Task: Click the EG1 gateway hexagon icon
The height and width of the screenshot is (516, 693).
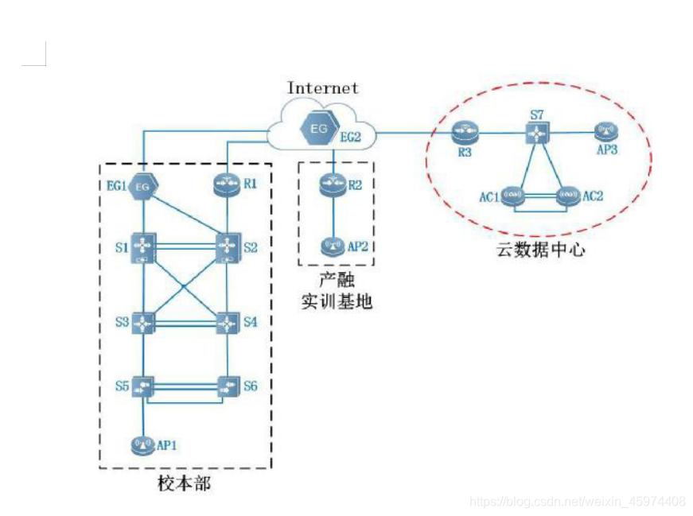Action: click(x=142, y=186)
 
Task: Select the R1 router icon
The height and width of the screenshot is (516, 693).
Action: click(x=228, y=185)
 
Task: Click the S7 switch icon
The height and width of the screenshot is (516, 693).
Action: click(x=539, y=133)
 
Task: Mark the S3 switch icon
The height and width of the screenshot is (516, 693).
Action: click(x=143, y=324)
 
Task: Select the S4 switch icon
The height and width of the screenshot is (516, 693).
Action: click(x=228, y=324)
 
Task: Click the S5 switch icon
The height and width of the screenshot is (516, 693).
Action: click(x=143, y=388)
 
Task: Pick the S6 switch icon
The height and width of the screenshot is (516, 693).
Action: click(x=228, y=387)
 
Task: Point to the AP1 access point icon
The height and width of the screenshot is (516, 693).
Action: click(x=142, y=444)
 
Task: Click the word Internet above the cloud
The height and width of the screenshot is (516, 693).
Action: click(x=322, y=88)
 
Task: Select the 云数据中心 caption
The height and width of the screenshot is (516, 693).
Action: click(x=541, y=250)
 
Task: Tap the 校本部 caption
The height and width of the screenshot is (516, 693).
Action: click(x=185, y=483)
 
